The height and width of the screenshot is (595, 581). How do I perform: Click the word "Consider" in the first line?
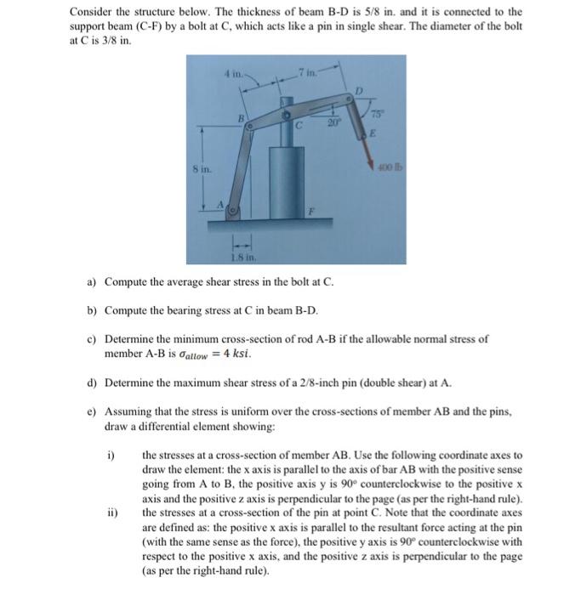tap(91, 13)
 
